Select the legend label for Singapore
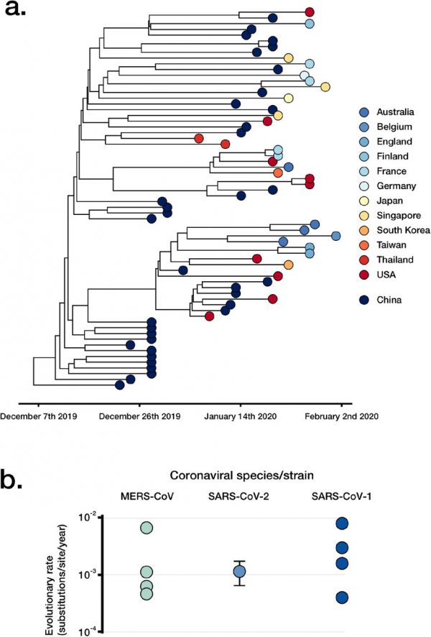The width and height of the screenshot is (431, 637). pos(404,215)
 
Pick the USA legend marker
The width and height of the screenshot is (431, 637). pos(365,274)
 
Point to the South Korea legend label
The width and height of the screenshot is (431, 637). pos(407,230)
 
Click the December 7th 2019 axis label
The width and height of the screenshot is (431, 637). pos(40,416)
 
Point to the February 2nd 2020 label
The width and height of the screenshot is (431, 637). pos(338,416)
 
